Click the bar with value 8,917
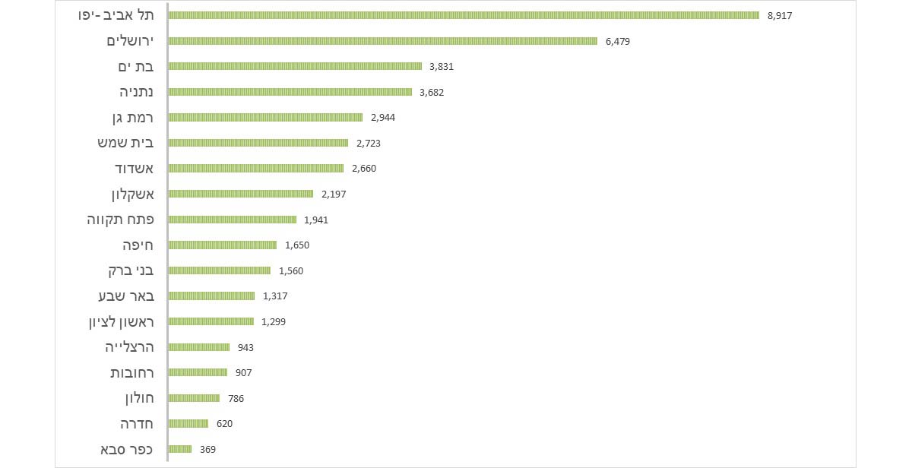pos(464,15)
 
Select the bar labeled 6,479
pos(382,41)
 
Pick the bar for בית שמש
pos(258,143)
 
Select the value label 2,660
pos(364,169)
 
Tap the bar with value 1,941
pos(232,220)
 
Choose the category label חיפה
pos(138,245)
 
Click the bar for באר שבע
pos(211,296)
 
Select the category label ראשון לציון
pos(122,322)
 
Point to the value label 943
pos(245,348)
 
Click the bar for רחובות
pos(198,373)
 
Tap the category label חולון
pos(138,398)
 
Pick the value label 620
pos(224,424)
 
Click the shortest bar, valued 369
pos(179,449)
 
